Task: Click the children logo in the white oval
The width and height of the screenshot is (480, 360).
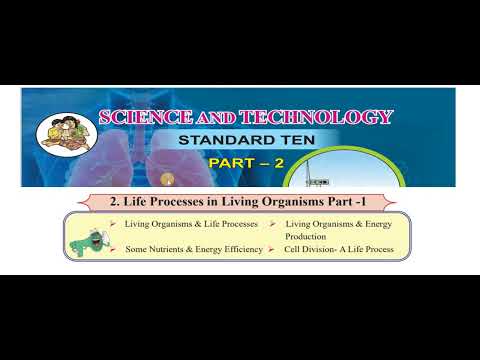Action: point(61,136)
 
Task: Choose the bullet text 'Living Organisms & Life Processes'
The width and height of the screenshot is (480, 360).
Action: point(192,225)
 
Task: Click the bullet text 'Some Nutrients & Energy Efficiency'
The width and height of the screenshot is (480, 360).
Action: point(193,249)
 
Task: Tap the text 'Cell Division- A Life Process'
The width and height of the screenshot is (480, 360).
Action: point(338,249)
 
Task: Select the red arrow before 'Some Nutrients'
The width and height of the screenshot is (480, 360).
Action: point(115,249)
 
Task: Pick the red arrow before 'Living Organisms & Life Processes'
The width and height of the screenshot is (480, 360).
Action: point(115,225)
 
